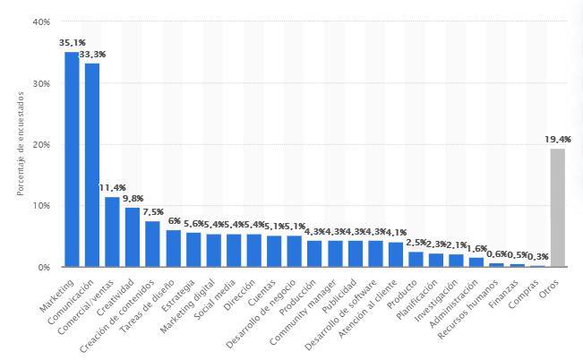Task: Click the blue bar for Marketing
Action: click(72, 159)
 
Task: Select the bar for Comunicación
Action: click(92, 165)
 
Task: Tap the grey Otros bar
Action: click(557, 207)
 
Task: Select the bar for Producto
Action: click(416, 259)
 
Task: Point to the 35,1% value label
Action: click(72, 42)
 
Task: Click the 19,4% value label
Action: click(557, 139)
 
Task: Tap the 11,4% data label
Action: click(112, 188)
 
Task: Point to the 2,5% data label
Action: click(416, 243)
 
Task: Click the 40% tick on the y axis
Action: click(41, 21)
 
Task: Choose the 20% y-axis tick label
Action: click(41, 144)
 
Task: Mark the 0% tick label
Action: click(44, 267)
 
